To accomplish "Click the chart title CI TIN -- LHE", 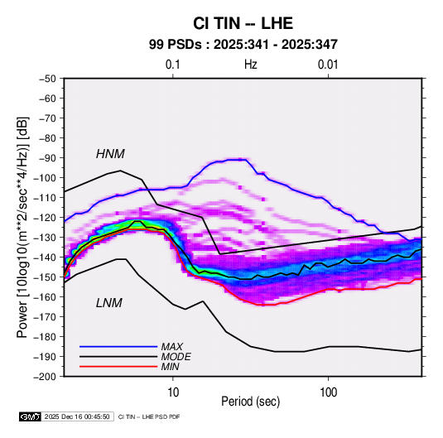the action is (x=243, y=23).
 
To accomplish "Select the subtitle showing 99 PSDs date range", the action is (x=243, y=45).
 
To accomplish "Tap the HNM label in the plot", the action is (x=110, y=154).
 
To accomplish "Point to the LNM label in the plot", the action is (x=109, y=303).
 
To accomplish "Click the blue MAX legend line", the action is (x=118, y=346).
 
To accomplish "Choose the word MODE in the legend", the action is (x=176, y=357).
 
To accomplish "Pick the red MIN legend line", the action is (x=118, y=367).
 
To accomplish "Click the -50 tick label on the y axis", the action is (x=48, y=79).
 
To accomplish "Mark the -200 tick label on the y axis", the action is (x=45, y=377).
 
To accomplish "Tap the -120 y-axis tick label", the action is (x=45, y=218).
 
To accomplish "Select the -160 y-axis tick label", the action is (x=45, y=297).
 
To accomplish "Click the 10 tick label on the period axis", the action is (x=173, y=392).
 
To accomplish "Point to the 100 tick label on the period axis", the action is (x=328, y=392).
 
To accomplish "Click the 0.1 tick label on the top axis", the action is (x=172, y=65).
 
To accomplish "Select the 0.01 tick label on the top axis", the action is (x=328, y=65).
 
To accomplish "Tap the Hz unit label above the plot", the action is (x=251, y=65).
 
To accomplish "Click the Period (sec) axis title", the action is (x=251, y=402).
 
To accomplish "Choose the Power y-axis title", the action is (x=22, y=228).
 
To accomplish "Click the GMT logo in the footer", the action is (x=31, y=416).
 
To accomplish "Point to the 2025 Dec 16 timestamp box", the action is (x=77, y=416).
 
